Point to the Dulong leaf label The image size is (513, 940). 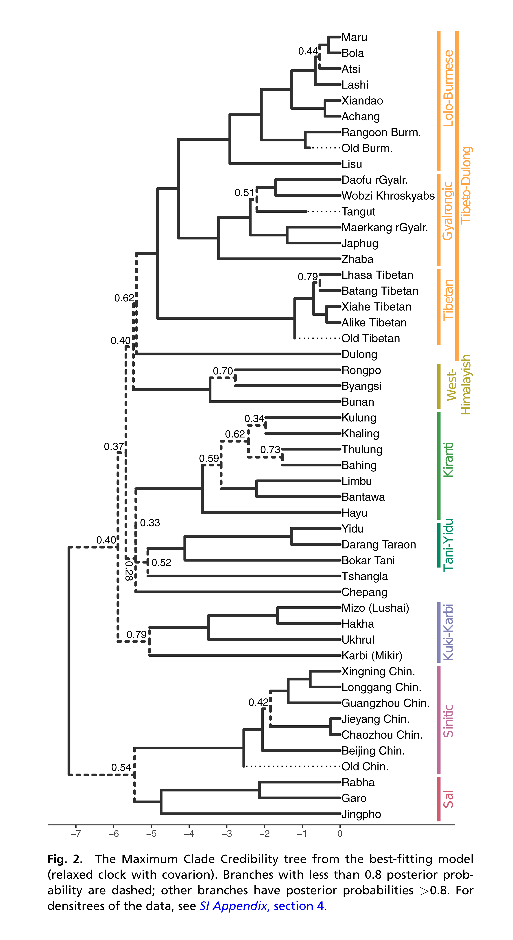[x=359, y=354]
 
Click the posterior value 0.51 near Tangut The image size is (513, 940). [x=244, y=193]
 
